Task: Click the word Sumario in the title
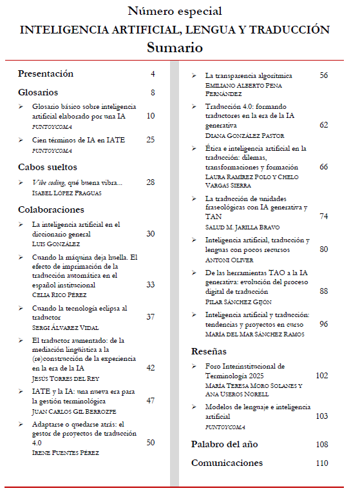coord(175,48)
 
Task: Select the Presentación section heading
coord(46,74)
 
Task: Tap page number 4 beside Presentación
coord(153,74)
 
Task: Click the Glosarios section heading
coord(38,93)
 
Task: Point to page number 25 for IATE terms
coord(151,140)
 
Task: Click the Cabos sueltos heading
coord(48,167)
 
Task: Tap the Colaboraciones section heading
coord(51,209)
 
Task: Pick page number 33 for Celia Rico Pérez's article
coord(151,284)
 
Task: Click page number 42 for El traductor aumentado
coord(151,367)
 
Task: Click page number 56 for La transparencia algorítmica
coord(323,75)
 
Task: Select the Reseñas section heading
coord(209,352)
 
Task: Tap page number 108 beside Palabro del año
coord(322,445)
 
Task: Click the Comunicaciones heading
coord(227,463)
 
